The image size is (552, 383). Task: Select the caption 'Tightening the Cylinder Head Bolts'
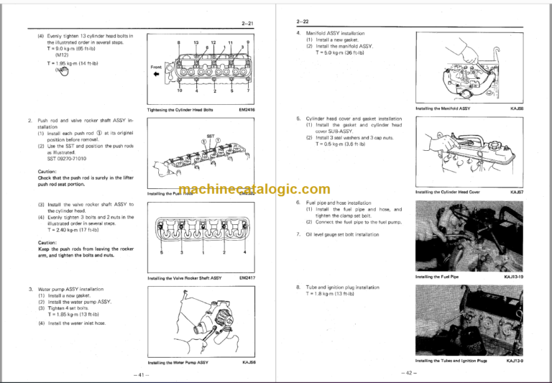click(180, 109)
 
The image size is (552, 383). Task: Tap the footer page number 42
click(410, 372)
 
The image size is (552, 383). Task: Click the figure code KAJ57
click(516, 192)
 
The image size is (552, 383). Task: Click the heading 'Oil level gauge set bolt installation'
click(341, 234)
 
